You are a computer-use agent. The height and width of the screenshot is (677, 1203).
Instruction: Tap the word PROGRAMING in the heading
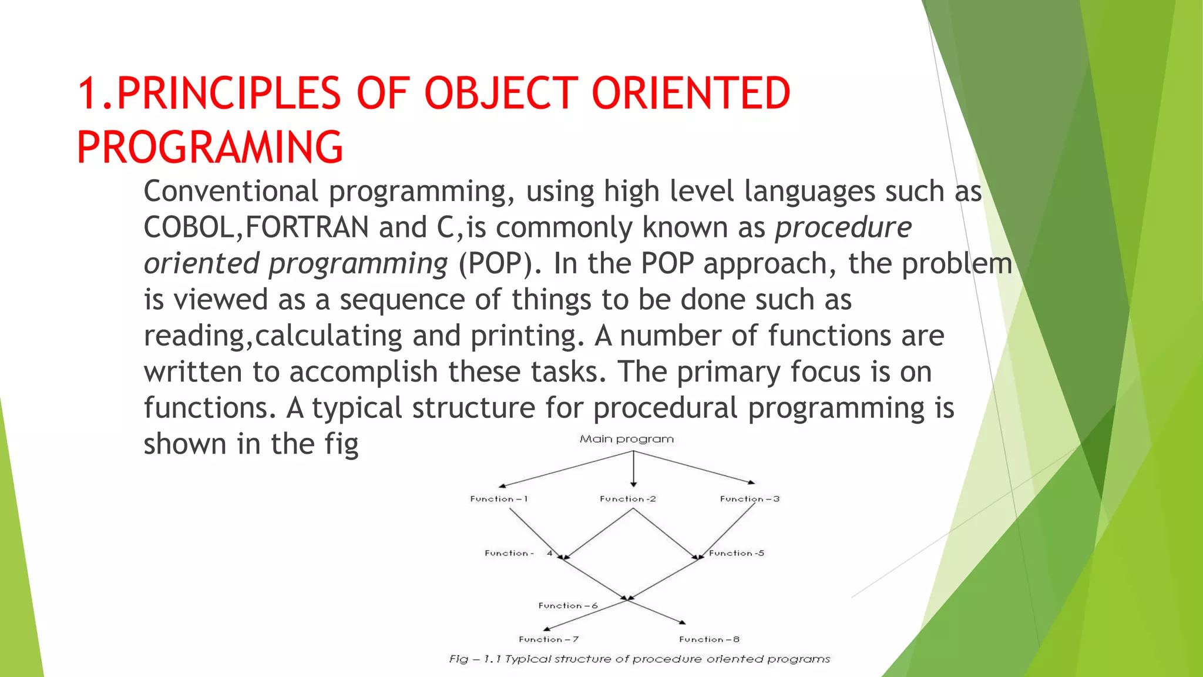click(210, 147)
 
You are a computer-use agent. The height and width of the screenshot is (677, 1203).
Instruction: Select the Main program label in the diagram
click(626, 439)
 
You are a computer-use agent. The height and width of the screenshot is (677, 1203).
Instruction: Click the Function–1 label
click(499, 499)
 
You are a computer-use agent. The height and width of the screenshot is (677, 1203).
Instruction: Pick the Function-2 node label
click(627, 499)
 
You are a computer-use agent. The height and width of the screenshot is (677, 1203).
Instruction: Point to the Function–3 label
click(750, 499)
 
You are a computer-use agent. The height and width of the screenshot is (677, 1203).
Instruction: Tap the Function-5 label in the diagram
click(736, 553)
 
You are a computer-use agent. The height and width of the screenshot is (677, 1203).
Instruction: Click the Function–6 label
click(567, 605)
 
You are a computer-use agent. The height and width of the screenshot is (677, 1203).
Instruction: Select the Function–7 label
click(549, 639)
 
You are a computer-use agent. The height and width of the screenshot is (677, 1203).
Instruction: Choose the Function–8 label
click(709, 639)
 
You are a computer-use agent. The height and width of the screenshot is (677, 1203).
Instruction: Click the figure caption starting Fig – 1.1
click(639, 659)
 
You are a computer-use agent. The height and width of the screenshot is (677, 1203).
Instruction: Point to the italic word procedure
click(843, 227)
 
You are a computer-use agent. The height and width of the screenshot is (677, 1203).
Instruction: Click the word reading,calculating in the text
click(273, 336)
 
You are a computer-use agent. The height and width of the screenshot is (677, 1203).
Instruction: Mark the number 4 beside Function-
click(550, 553)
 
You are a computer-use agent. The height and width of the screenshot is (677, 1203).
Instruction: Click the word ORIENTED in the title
click(691, 94)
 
